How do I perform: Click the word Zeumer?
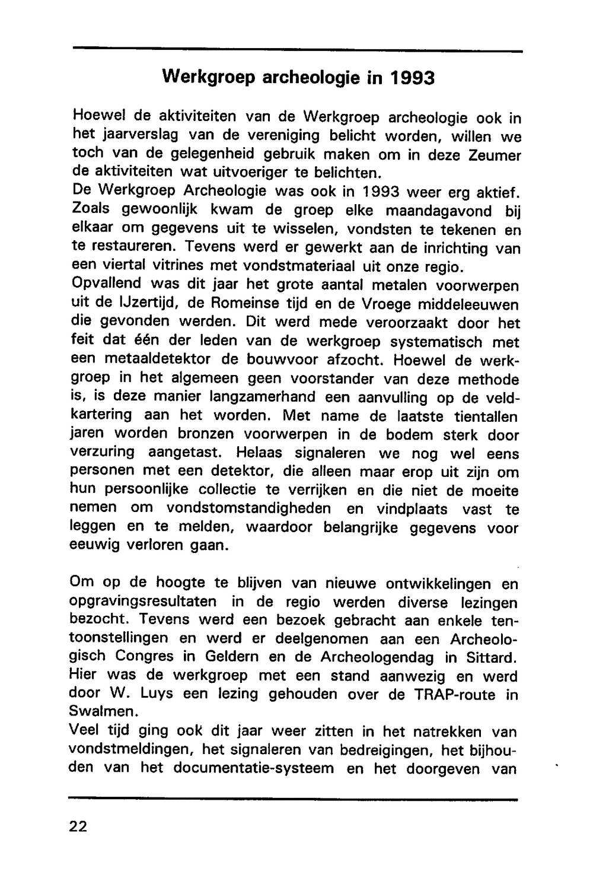tap(495, 155)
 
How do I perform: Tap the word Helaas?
tap(260, 453)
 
